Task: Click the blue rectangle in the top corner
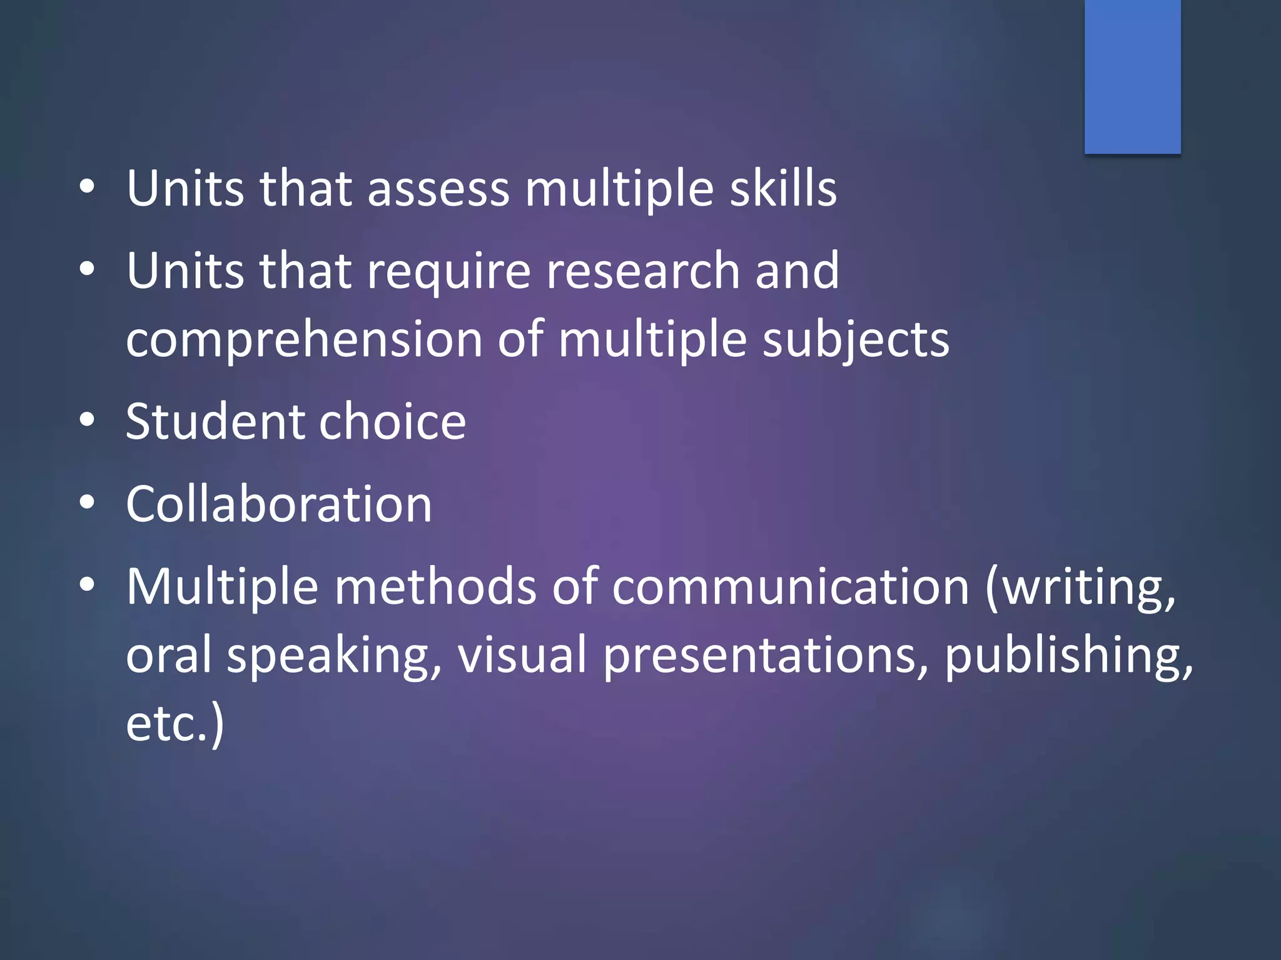pyautogui.click(x=1132, y=76)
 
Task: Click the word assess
pyautogui.click(x=438, y=189)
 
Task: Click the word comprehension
pyautogui.click(x=304, y=339)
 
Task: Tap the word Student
pyautogui.click(x=215, y=421)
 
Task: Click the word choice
pyautogui.click(x=393, y=421)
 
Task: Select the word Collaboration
pyautogui.click(x=279, y=504)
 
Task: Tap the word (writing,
pyautogui.click(x=1081, y=587)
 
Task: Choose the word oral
pyautogui.click(x=169, y=655)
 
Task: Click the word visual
pyautogui.click(x=522, y=655)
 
